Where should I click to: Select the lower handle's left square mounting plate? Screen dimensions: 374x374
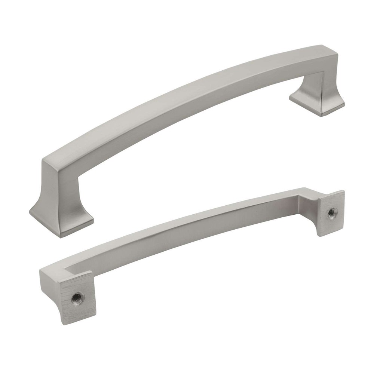(x=75, y=295)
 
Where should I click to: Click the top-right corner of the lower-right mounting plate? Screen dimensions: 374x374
(x=343, y=191)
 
